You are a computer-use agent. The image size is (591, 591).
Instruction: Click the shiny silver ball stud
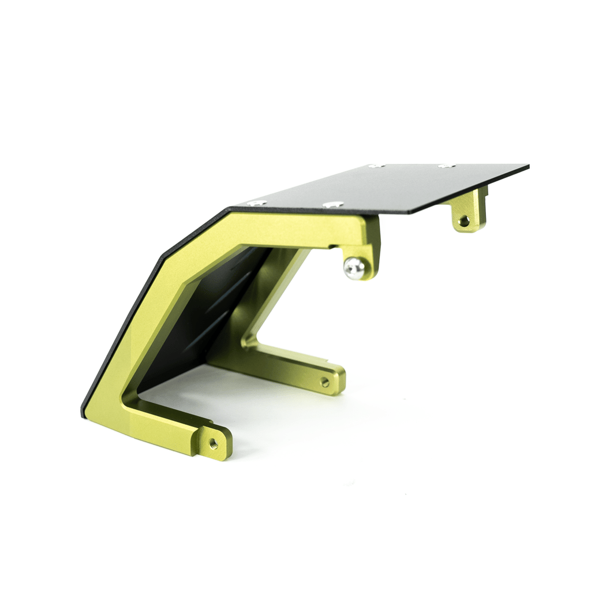pyautogui.click(x=354, y=268)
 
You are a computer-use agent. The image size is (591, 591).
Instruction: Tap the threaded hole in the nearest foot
pyautogui.click(x=212, y=443)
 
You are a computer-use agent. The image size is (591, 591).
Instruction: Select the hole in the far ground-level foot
pyautogui.click(x=324, y=381)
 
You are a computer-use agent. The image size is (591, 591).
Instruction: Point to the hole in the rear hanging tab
pyautogui.click(x=464, y=220)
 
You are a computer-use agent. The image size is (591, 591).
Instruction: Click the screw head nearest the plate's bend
pyautogui.click(x=256, y=203)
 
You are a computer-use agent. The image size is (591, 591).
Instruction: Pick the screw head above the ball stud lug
pyautogui.click(x=333, y=204)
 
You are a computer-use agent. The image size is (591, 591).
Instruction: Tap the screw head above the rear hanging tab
pyautogui.click(x=446, y=166)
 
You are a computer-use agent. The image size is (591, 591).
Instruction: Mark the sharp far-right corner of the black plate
pyautogui.click(x=528, y=166)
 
